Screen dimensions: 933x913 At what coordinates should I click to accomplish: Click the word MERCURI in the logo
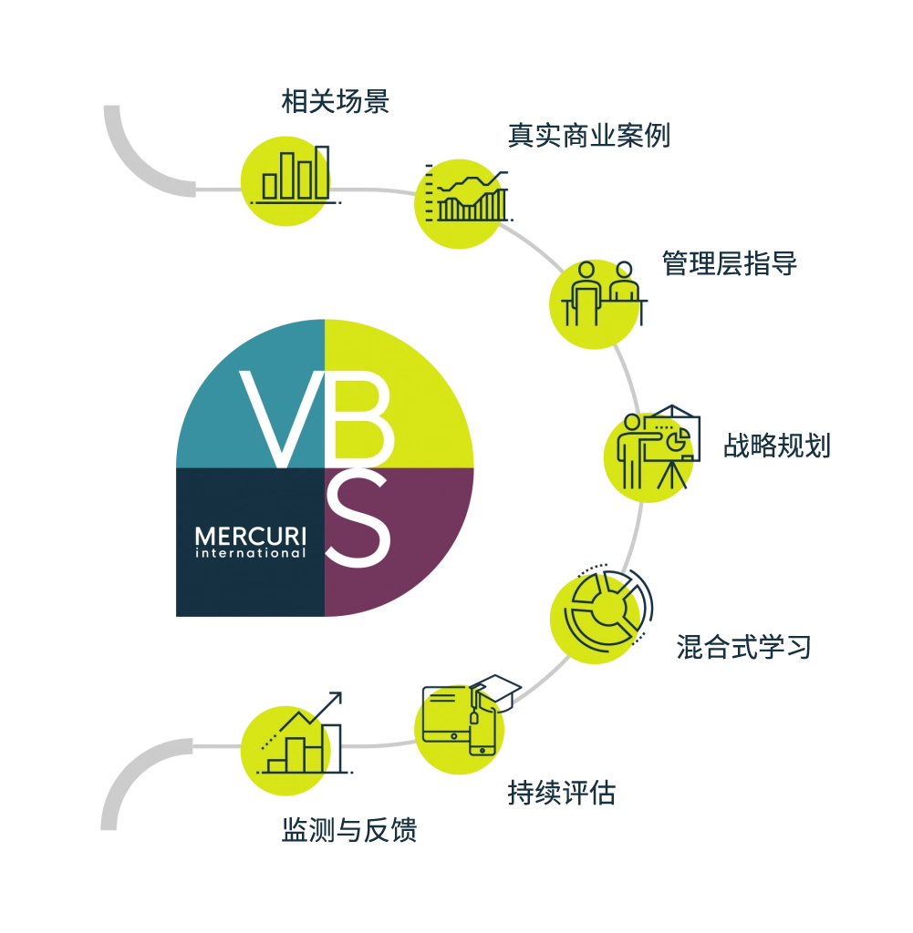250,536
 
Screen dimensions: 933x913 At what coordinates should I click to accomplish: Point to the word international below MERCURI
250,552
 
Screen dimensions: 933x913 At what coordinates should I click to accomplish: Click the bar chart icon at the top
285,179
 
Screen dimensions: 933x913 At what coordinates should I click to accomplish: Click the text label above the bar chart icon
335,102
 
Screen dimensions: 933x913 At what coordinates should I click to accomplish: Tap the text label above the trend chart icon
587,137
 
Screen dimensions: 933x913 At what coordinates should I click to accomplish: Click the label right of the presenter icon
776,445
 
